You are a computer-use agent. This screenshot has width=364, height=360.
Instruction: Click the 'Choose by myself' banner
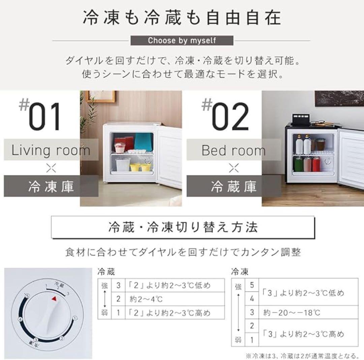(182, 40)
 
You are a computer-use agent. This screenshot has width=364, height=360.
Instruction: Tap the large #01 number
(45, 117)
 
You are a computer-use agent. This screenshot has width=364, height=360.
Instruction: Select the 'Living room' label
(51, 150)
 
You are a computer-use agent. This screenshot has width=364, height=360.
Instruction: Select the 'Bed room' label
(234, 150)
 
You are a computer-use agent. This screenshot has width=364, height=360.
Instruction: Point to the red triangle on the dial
(54, 298)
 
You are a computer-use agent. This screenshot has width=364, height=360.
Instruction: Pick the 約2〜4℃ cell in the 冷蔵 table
(142, 299)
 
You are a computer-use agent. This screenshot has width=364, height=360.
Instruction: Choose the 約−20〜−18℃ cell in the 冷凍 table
(292, 313)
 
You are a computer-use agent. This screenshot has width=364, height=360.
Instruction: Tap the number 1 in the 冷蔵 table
(118, 313)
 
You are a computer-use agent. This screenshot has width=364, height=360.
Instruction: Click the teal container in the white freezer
(144, 141)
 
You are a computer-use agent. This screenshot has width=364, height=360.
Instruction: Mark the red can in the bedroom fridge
(316, 164)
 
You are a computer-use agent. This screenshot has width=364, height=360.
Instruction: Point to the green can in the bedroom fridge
(298, 164)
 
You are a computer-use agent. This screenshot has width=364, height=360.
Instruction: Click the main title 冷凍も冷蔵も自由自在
(182, 18)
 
